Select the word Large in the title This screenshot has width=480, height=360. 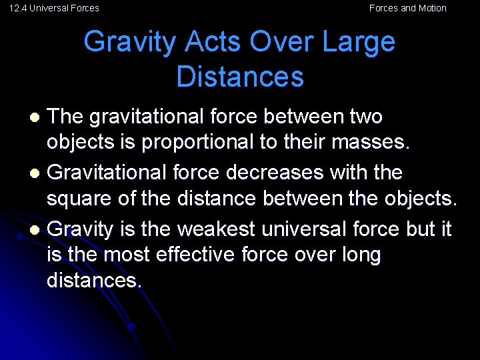tap(359, 42)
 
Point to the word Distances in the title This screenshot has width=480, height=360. tap(240, 77)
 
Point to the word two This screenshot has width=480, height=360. tap(365, 117)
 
